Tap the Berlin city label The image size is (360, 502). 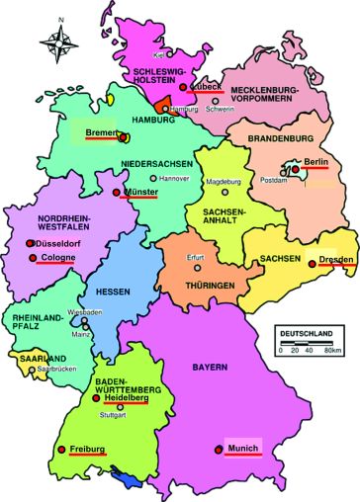point(315,161)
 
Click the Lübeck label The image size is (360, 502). point(208,85)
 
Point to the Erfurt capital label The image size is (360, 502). point(200,259)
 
